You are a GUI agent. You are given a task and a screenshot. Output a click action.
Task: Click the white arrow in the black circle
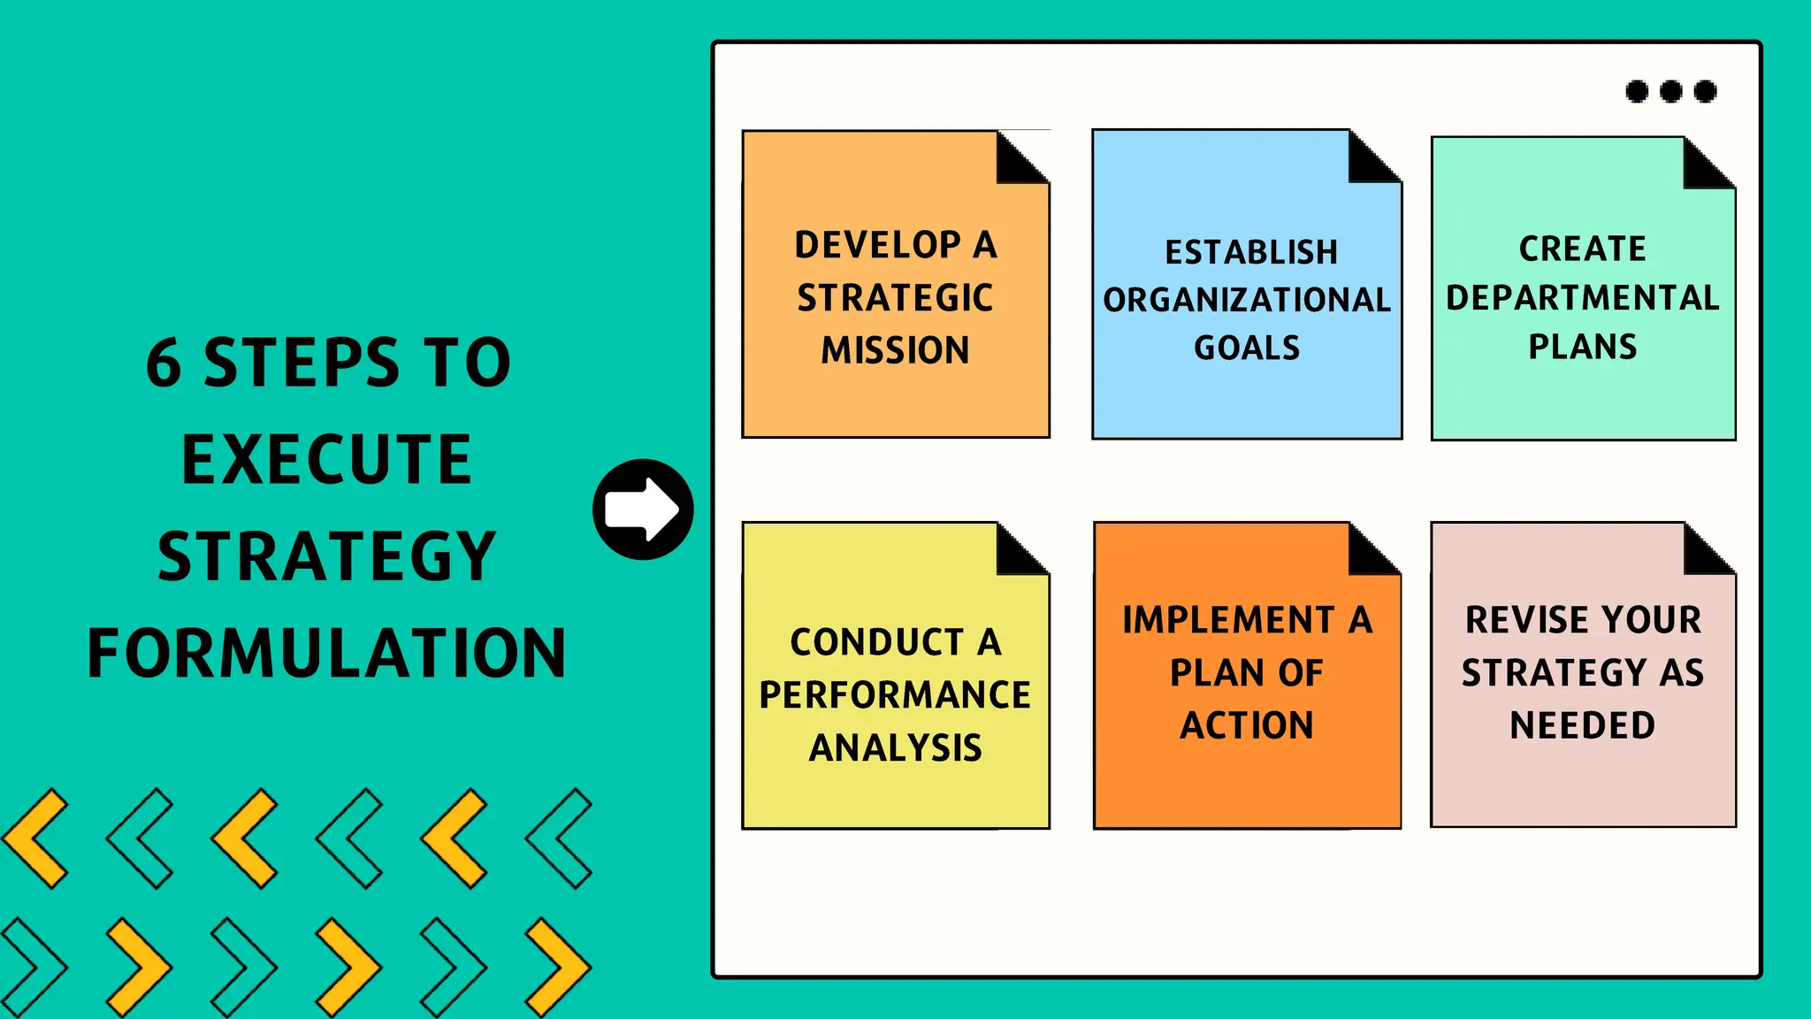pos(643,509)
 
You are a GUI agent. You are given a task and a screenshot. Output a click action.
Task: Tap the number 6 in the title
pos(164,364)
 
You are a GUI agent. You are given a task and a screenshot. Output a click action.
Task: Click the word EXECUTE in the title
pos(326,460)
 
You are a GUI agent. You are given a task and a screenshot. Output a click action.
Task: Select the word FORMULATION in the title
pos(326,654)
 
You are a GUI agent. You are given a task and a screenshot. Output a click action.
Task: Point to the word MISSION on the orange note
pos(895,350)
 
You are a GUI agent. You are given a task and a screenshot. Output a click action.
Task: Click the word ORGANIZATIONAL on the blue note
pos(1247,300)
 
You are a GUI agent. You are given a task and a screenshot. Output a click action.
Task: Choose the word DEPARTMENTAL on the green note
pos(1583,298)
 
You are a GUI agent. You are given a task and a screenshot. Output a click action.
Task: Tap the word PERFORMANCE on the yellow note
pos(895,695)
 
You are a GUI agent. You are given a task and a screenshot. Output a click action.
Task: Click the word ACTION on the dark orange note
pos(1247,725)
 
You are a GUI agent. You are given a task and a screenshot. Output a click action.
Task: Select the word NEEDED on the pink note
pos(1583,725)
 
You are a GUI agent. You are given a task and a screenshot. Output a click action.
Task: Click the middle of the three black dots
pos(1670,91)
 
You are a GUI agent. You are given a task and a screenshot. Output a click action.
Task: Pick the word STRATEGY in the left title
pos(326,557)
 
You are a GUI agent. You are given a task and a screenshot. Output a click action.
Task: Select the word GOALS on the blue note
pos(1247,348)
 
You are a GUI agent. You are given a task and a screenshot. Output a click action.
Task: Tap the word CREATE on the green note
pos(1583,249)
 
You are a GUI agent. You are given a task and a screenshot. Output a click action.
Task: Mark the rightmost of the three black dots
pos(1705,91)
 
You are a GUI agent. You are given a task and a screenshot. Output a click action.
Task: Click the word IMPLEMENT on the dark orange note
pos(1228,620)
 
